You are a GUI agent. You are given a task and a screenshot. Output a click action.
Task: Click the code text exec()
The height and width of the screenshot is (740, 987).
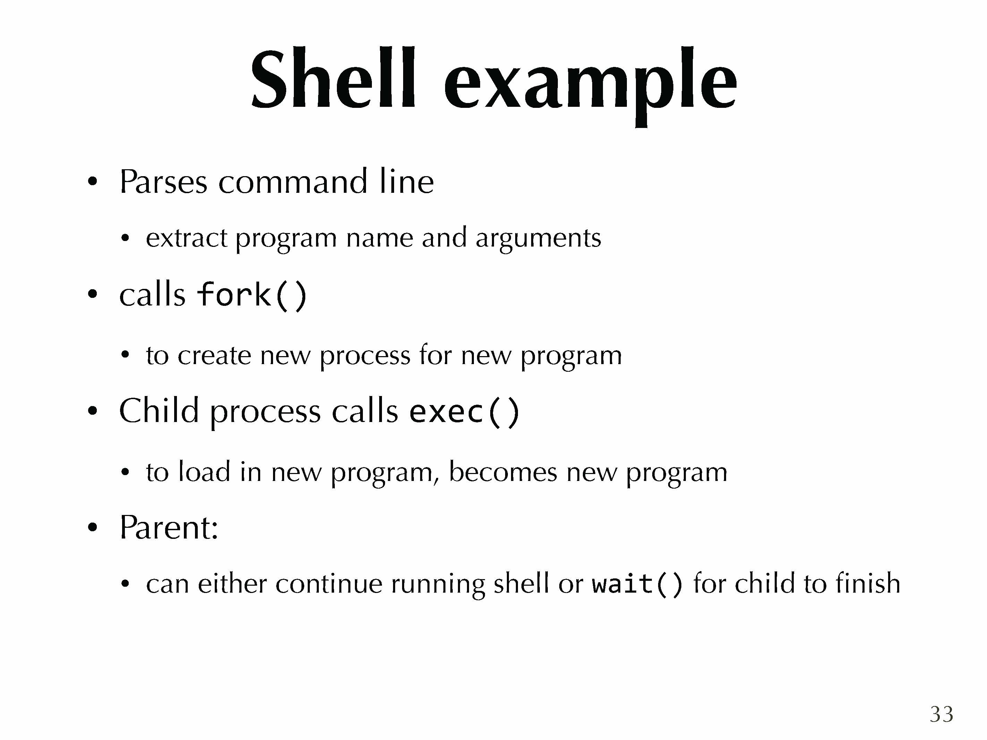point(465,411)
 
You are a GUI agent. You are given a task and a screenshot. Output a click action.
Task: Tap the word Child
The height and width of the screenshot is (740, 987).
point(159,410)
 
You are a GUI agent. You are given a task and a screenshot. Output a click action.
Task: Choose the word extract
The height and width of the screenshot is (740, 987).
point(187,238)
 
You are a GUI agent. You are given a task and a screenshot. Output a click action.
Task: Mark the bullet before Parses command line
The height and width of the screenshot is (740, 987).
point(92,182)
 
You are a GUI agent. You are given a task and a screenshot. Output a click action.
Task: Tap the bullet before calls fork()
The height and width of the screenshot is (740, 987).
point(92,294)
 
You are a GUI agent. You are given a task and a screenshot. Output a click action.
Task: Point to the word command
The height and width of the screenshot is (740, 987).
point(293,182)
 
